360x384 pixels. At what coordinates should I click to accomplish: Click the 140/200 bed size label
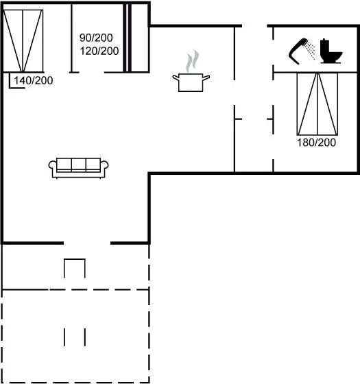click(34, 81)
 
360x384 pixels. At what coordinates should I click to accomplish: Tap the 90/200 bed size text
click(96, 38)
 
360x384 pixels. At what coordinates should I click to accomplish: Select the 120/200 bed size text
click(99, 51)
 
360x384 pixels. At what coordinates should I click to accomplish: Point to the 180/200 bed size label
click(316, 143)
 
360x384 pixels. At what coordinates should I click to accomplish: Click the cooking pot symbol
click(191, 82)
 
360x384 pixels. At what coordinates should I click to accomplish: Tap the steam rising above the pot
click(193, 61)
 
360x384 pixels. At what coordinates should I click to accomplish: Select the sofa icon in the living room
click(78, 168)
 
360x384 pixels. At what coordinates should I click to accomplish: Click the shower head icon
click(298, 51)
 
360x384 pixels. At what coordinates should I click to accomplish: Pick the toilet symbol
click(331, 51)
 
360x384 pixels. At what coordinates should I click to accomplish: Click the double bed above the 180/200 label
click(317, 104)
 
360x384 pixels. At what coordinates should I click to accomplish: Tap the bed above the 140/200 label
click(23, 41)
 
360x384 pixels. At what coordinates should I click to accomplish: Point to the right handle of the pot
click(206, 77)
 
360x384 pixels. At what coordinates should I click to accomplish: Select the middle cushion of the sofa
click(79, 165)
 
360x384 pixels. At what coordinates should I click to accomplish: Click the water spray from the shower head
click(311, 51)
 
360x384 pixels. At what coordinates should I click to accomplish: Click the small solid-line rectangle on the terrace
click(75, 268)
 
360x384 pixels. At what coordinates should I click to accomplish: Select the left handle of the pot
click(176, 77)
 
